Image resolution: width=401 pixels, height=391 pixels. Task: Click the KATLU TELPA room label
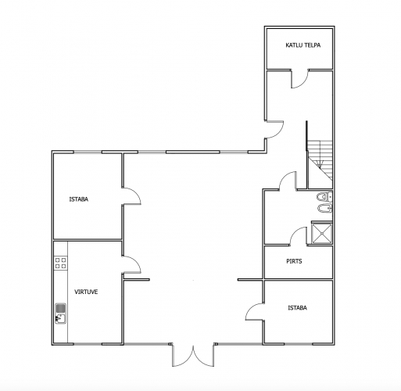(x=303, y=45)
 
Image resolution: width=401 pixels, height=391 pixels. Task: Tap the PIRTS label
(x=294, y=261)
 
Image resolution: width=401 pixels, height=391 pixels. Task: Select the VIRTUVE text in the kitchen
(x=86, y=292)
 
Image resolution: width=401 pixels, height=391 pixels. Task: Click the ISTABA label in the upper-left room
(x=79, y=199)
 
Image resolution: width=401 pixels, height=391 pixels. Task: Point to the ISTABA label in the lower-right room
(x=297, y=308)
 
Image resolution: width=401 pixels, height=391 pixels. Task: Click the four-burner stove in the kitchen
(x=61, y=263)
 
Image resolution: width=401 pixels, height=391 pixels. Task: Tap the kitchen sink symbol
(x=61, y=314)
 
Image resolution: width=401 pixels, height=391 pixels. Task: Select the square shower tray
(x=322, y=233)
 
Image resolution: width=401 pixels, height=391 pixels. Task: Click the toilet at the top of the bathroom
(x=324, y=196)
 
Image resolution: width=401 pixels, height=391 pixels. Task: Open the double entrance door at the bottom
(x=193, y=356)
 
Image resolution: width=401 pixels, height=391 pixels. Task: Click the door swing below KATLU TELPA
(x=299, y=78)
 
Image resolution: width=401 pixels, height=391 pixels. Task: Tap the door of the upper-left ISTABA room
(x=131, y=196)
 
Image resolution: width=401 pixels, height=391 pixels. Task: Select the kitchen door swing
(x=131, y=264)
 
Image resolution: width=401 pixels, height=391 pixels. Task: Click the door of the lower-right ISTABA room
(x=254, y=312)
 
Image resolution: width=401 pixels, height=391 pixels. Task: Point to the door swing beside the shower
(x=299, y=236)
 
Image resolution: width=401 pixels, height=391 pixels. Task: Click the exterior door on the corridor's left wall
(x=274, y=130)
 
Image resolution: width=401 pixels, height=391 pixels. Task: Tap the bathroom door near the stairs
(x=288, y=181)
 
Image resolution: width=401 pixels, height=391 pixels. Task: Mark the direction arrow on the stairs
(x=320, y=163)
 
